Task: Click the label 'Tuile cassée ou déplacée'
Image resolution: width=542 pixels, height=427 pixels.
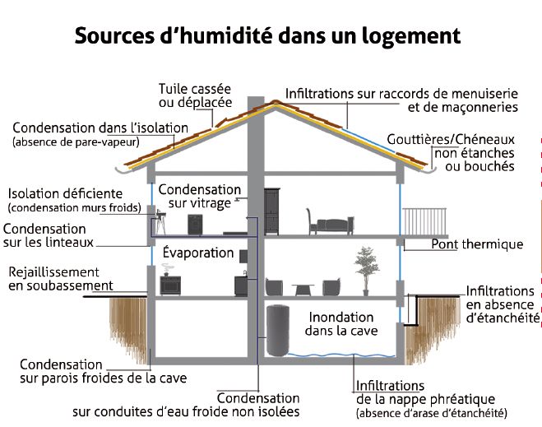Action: point(195,95)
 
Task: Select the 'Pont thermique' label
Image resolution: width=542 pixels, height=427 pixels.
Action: point(477,244)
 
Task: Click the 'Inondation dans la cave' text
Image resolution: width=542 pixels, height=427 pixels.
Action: point(342,323)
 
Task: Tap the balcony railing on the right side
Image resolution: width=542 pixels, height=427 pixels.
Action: point(427,220)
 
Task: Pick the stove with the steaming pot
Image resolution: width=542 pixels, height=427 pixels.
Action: point(170,283)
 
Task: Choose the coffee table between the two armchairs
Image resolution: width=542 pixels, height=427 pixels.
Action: point(303,289)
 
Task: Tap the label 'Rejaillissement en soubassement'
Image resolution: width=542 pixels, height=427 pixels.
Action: point(53,279)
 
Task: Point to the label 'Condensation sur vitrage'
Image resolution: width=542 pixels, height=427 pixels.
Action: point(200,197)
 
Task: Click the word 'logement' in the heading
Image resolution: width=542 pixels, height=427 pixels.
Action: point(413,36)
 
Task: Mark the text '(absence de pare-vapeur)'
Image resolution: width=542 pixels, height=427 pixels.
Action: point(76,142)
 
